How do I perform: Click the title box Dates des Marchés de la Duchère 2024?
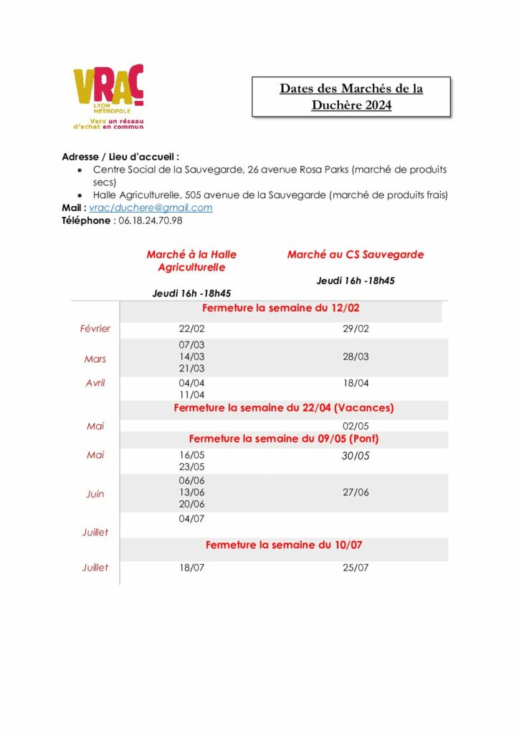351,97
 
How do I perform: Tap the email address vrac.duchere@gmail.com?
151,208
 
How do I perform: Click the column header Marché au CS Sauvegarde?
356,254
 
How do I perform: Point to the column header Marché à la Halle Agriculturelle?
191,261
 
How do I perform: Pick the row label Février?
95,329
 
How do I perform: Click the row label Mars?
95,359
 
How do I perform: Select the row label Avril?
95,383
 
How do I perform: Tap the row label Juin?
95,494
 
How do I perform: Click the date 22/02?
191,329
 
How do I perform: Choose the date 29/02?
356,329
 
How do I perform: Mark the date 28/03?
356,356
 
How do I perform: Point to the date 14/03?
191,356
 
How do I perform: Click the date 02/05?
356,426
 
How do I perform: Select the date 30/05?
356,455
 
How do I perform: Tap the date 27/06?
356,492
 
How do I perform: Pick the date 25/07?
356,568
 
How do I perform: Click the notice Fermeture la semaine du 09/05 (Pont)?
284,438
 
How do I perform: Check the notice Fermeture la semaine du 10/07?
284,545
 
